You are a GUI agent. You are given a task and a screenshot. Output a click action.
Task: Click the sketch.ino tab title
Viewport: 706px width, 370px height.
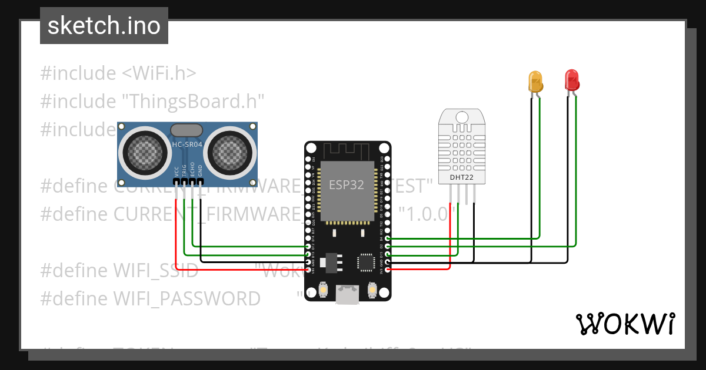[104, 26]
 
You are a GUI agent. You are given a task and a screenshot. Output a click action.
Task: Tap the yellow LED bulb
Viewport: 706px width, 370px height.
[535, 80]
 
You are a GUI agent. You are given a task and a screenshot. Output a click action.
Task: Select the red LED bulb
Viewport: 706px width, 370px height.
[571, 79]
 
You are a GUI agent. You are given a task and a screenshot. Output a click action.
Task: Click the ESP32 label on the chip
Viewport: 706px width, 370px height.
[346, 185]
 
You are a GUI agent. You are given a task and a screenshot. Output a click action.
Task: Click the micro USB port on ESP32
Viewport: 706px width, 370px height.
[348, 294]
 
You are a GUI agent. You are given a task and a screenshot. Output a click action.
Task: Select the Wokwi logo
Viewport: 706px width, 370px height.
[625, 324]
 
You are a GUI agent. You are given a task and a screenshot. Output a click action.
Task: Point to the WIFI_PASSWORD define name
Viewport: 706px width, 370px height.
[187, 299]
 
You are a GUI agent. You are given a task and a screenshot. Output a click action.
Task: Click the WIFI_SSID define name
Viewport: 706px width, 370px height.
[155, 271]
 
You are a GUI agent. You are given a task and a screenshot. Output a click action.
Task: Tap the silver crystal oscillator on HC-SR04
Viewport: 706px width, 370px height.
[188, 129]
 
